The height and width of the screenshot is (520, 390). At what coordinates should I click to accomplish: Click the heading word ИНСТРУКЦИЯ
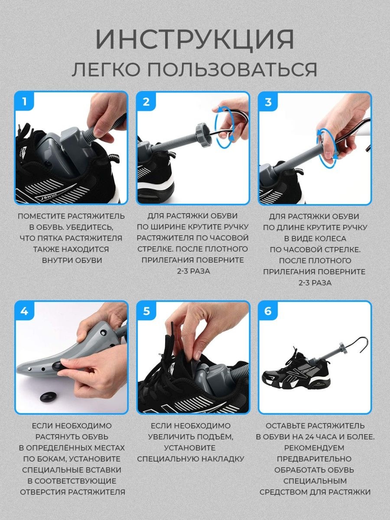pos(195,39)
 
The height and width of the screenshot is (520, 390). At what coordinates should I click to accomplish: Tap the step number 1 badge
pos(24,101)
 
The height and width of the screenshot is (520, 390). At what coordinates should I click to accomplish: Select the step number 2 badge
pos(146,102)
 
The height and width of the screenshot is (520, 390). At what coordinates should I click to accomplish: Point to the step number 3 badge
pos(268,102)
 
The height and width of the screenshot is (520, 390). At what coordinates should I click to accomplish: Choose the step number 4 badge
pos(24,311)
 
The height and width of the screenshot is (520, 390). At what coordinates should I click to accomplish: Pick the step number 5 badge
pos(146,311)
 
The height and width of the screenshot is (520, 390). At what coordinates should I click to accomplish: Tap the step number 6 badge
pos(268,311)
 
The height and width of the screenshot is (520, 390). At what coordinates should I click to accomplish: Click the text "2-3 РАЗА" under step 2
pos(193,271)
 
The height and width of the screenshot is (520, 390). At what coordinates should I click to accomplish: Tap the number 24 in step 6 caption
pos(310,437)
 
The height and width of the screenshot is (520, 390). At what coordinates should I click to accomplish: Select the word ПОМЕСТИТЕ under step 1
pos(42,216)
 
